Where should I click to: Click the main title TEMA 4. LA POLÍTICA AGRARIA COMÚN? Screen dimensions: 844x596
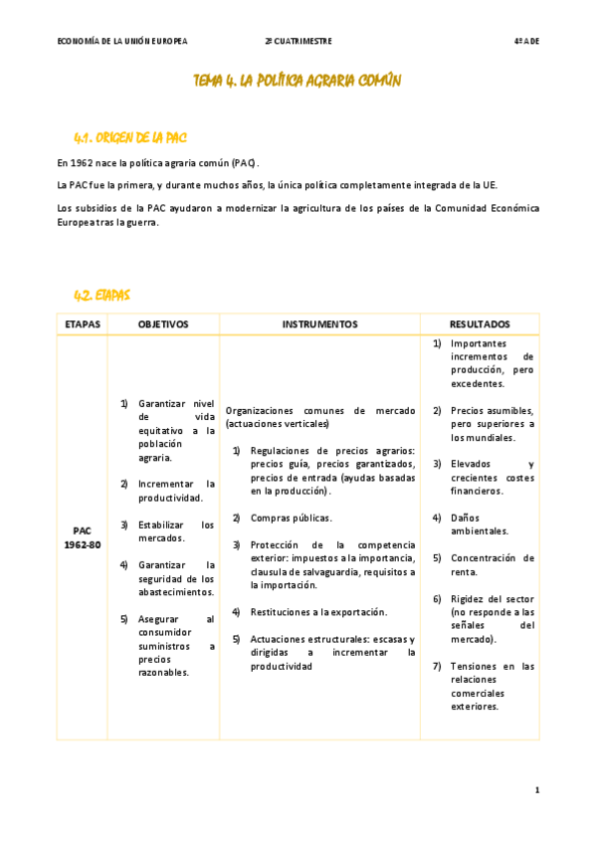(297, 81)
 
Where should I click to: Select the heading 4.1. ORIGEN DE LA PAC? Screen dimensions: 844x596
(130, 136)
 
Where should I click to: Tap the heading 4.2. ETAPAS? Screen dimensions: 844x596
(101, 295)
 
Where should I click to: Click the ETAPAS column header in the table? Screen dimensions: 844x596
(82, 324)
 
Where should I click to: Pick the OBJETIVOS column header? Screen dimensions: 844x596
(163, 324)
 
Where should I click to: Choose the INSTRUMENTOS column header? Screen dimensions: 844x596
(319, 324)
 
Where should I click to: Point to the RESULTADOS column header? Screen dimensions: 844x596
(480, 324)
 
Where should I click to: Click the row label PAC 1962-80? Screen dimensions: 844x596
(82, 538)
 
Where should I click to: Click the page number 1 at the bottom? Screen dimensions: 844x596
(536, 789)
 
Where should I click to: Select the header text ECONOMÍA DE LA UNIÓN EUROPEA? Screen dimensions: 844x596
(122, 41)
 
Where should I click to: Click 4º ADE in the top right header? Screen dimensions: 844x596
(525, 41)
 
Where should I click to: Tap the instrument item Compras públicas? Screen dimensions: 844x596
(291, 518)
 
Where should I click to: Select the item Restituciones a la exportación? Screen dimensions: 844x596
(318, 611)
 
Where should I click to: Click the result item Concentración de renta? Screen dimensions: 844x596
(492, 564)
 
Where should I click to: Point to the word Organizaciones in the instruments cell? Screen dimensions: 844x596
(262, 410)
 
